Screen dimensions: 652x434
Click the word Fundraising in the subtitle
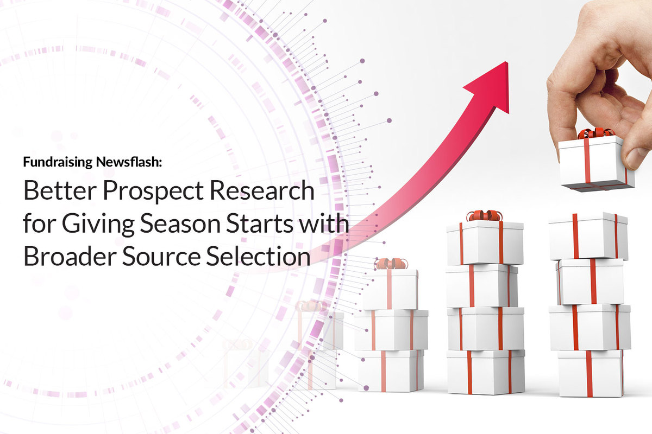pos(58,162)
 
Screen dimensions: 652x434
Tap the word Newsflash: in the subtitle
pos(129,162)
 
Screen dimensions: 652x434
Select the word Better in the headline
pos(60,190)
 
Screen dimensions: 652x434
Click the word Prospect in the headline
pos(153,193)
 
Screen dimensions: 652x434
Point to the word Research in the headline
pos(262,190)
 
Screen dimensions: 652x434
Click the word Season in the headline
pos(180,224)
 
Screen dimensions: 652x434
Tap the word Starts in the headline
pos(259,224)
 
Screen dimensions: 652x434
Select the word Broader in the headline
pos(70,257)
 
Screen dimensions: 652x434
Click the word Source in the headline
pos(161,257)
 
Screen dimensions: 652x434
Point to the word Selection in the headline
pos(258,257)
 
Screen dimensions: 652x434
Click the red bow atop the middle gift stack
pos(484,216)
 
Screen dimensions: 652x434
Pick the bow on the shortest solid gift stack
pos(391,264)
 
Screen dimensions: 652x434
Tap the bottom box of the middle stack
pos(486,372)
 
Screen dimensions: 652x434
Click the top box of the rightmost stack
pos(588,236)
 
